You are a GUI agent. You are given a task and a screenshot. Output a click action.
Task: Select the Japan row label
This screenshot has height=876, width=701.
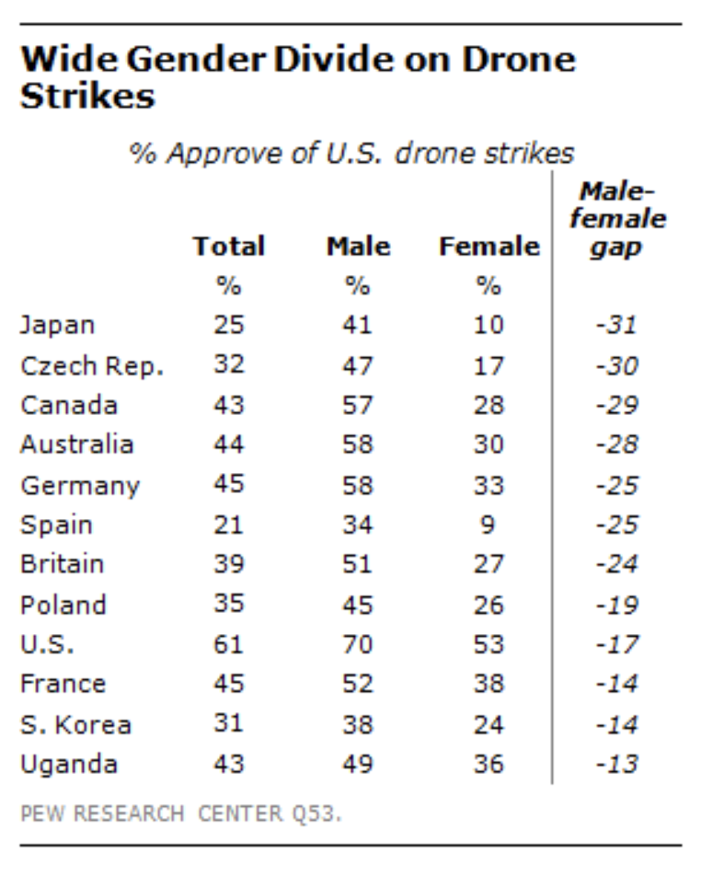pyautogui.click(x=57, y=325)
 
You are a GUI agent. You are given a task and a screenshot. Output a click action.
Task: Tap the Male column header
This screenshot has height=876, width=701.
pyautogui.click(x=358, y=247)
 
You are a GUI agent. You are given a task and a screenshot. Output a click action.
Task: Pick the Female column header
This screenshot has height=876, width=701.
pyautogui.click(x=488, y=247)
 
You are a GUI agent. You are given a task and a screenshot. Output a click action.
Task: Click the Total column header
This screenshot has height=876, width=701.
pyautogui.click(x=228, y=247)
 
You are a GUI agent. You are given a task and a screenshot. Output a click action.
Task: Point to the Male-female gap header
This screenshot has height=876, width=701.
pyautogui.click(x=617, y=219)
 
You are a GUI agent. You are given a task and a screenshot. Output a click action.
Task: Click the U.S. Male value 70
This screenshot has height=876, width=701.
pyautogui.click(x=358, y=644)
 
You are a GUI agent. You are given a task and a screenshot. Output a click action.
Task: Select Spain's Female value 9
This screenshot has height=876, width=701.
pyautogui.click(x=488, y=524)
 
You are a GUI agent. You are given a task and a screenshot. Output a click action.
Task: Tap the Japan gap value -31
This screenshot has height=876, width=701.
pyautogui.click(x=616, y=325)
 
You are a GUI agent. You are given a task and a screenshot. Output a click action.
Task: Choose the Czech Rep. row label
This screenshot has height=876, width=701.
pyautogui.click(x=92, y=365)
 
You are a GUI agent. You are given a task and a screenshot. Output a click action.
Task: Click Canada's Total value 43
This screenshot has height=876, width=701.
pyautogui.click(x=228, y=405)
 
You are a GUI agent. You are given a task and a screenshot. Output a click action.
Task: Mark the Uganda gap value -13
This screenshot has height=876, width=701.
pyautogui.click(x=616, y=764)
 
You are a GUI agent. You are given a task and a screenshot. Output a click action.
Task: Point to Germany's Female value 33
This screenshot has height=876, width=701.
pyautogui.click(x=488, y=485)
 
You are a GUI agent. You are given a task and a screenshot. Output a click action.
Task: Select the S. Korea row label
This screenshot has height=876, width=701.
pyautogui.click(x=75, y=724)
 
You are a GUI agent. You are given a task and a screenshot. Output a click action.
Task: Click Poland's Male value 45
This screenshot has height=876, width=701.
pyautogui.click(x=358, y=605)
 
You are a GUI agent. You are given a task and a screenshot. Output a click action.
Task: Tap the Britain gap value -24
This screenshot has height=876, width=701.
pyautogui.click(x=616, y=564)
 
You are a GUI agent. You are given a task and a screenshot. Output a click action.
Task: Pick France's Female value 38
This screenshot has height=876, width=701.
pyautogui.click(x=488, y=684)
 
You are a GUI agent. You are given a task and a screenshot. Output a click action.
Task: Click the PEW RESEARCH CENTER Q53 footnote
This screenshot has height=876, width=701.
pyautogui.click(x=180, y=813)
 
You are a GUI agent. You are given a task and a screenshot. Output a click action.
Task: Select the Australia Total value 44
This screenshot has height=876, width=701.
pyautogui.click(x=228, y=444)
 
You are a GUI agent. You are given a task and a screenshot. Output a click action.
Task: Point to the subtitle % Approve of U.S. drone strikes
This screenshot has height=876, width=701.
pyautogui.click(x=351, y=153)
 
